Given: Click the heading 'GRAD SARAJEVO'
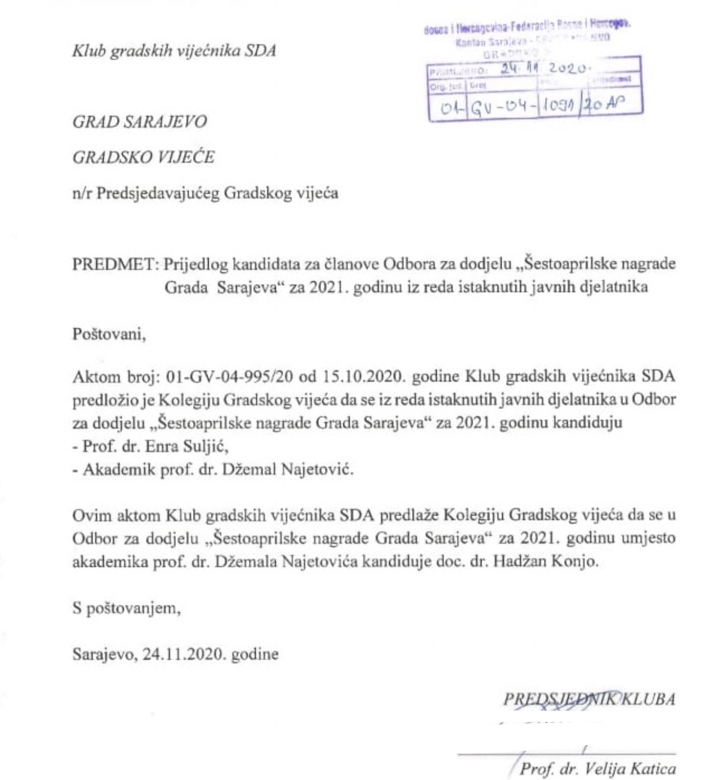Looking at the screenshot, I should (x=139, y=122).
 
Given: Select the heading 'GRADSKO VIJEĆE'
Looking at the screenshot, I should (x=143, y=158).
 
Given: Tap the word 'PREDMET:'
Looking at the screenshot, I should (x=115, y=264).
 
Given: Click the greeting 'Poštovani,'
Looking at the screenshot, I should (x=109, y=334).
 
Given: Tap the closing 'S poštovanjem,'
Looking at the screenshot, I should (x=127, y=607).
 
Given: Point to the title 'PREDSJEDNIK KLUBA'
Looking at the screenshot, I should (x=589, y=699).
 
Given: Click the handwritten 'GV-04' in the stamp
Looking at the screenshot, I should (x=503, y=106).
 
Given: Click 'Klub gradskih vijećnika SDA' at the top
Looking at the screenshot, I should (x=174, y=51).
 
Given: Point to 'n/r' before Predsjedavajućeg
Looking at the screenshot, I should (x=82, y=193).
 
